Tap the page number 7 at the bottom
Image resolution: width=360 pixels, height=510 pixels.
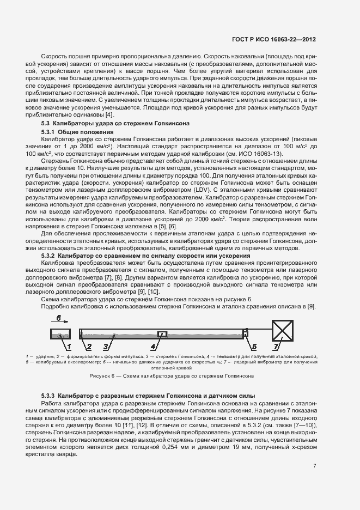pyautogui.click(x=315, y=465)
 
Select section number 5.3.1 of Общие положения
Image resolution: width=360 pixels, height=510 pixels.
pyautogui.click(x=49, y=132)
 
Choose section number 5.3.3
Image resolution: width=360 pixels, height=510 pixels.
pyautogui.click(x=49, y=395)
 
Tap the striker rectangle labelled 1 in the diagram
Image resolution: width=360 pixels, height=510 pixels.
pyautogui.click(x=59, y=333)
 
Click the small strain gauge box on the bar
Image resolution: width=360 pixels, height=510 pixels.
pyautogui.click(x=161, y=333)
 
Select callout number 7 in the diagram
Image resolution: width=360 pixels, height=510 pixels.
pyautogui.click(x=276, y=346)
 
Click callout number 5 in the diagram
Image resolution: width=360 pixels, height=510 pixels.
pyautogui.click(x=253, y=346)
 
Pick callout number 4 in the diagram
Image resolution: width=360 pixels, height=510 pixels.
pyautogui.click(x=154, y=346)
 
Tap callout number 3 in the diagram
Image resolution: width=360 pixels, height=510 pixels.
pyautogui.click(x=107, y=346)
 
